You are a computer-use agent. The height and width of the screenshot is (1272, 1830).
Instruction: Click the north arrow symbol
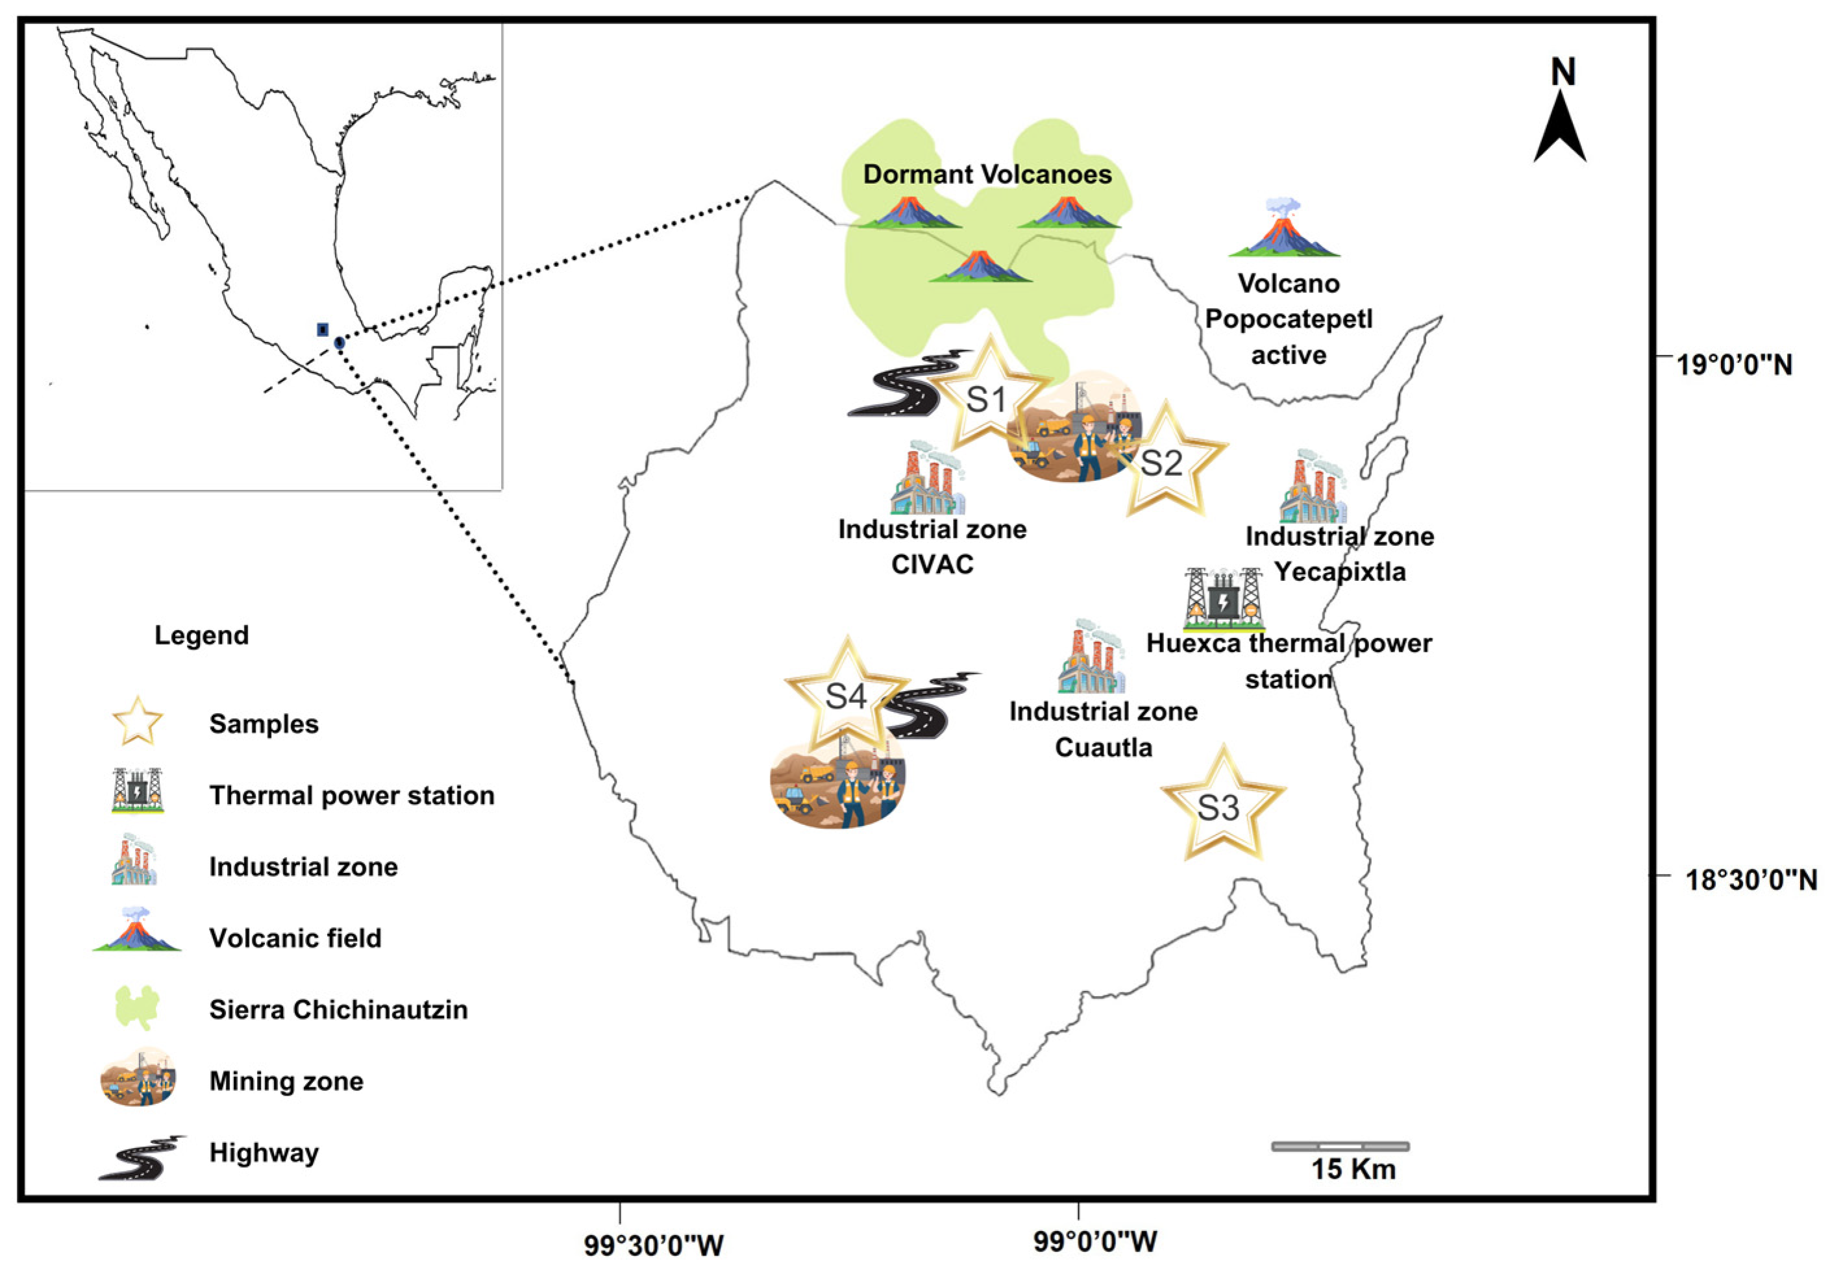1560,127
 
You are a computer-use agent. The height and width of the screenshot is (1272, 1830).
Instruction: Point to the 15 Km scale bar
1340,1147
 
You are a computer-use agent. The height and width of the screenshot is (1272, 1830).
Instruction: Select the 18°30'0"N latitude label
1750,880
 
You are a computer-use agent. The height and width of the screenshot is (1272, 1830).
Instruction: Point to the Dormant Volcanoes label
987,175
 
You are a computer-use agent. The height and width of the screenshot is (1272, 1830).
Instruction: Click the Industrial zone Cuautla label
1103,729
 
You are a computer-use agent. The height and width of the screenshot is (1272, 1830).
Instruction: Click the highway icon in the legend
142,1157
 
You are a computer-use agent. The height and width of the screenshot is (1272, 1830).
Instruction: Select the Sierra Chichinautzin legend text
338,1010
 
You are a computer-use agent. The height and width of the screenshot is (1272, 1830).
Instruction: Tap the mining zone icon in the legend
138,1077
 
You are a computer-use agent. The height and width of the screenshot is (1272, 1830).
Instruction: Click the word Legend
202,635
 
